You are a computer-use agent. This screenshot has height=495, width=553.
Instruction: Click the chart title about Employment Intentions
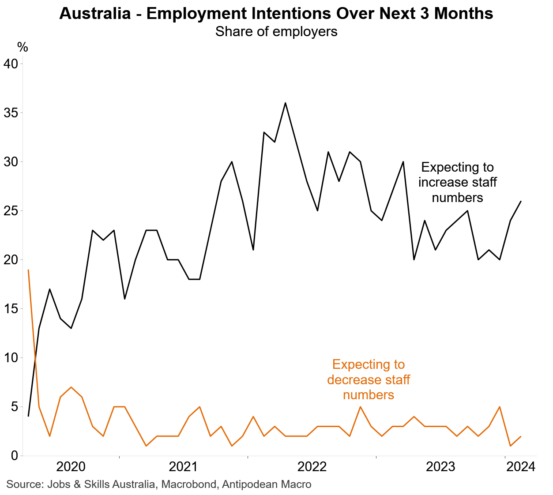point(276,14)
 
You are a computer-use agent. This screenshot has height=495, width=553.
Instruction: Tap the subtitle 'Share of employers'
point(276,32)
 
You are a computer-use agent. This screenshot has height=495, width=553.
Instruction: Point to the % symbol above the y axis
point(23,47)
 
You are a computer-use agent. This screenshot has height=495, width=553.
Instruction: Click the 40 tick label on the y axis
point(11,64)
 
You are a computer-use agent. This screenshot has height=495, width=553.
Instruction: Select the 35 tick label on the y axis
point(11,113)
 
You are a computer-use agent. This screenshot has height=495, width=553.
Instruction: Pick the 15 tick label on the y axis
point(11,309)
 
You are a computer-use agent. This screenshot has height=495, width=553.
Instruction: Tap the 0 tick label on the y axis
point(14,456)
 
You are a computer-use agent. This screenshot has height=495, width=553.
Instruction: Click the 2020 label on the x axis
point(71,467)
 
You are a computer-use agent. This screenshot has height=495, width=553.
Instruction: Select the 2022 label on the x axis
point(312,467)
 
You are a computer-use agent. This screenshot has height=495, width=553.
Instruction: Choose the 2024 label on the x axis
point(521,467)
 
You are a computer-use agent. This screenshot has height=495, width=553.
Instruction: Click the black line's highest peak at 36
point(285,103)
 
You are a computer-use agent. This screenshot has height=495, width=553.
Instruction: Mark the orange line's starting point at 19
point(28,270)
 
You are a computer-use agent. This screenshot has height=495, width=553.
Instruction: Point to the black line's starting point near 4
point(28,416)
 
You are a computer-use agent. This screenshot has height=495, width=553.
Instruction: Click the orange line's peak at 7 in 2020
point(71,387)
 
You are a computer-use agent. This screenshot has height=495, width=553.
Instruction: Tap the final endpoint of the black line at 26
point(521,201)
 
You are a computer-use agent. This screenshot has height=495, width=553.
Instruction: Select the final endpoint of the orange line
point(521,436)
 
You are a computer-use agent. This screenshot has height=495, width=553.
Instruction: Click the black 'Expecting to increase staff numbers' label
point(457,182)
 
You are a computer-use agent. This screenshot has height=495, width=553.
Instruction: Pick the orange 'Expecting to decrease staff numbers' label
point(369,379)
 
